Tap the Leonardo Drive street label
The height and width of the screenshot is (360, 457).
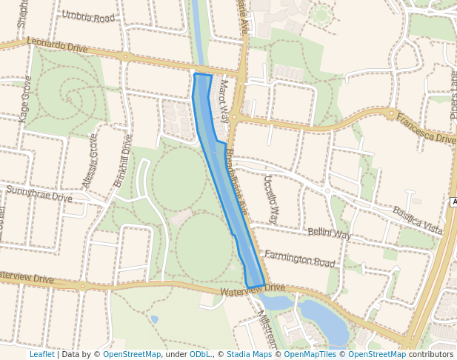(x=58, y=45)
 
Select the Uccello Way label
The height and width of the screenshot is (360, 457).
(x=270, y=199)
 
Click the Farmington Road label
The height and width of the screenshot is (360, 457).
(x=299, y=258)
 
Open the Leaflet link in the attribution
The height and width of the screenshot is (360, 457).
(x=41, y=354)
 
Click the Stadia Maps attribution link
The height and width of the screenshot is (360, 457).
(x=247, y=354)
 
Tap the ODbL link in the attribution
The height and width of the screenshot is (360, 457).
(x=200, y=354)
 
